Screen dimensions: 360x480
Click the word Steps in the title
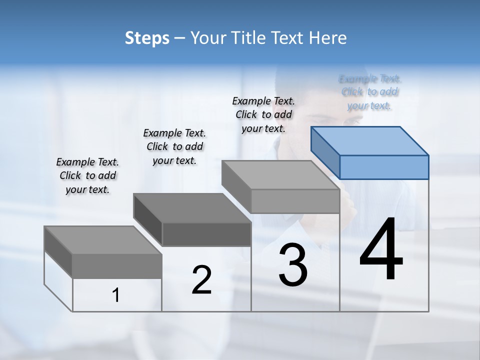click(147, 38)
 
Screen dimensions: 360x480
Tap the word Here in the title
click(328, 38)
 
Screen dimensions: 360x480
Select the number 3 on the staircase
click(293, 265)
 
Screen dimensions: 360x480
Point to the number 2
click(201, 280)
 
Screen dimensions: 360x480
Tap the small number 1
click(115, 295)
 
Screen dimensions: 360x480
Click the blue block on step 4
click(370, 152)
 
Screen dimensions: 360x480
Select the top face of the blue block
click(370, 140)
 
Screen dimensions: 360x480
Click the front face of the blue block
click(384, 167)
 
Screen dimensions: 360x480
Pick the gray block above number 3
click(281, 186)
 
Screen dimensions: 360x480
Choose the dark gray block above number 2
click(192, 220)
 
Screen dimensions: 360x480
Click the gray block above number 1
click(103, 252)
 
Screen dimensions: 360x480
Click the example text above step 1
click(87, 175)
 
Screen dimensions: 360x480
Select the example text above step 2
click(174, 146)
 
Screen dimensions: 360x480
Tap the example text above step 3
click(263, 114)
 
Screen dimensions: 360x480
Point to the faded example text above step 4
click(370, 92)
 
